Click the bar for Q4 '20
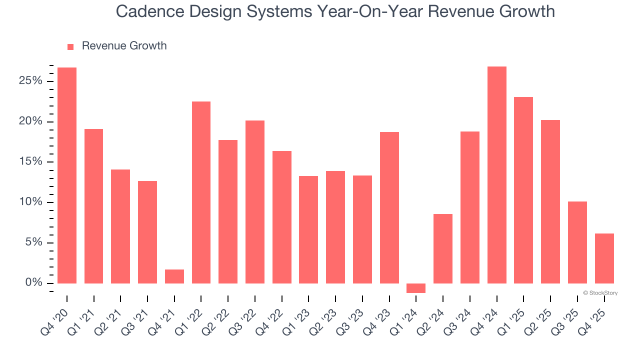(67, 175)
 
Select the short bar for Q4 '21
(174, 276)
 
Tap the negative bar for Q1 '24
(416, 288)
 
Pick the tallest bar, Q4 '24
(496, 175)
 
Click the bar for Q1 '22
(201, 192)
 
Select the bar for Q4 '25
(604, 258)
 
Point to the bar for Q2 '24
(443, 248)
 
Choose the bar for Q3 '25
(577, 242)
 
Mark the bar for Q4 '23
(389, 207)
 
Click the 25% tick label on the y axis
(30, 81)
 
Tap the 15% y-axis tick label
(30, 162)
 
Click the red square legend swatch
(70, 46)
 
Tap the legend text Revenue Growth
(124, 46)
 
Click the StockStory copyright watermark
(600, 293)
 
